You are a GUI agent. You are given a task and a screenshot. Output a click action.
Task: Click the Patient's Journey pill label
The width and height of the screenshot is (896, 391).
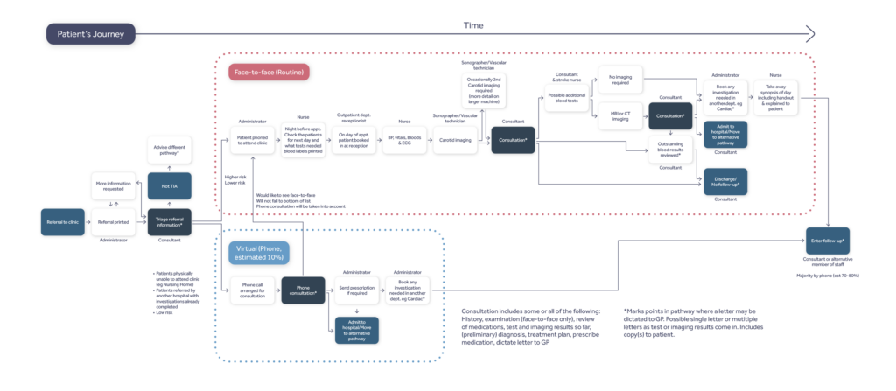[x=92, y=34]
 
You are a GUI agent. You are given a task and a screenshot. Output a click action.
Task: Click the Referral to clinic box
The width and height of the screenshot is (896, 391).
[x=62, y=222]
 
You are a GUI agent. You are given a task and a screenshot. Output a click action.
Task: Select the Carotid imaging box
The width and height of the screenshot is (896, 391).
[x=455, y=140]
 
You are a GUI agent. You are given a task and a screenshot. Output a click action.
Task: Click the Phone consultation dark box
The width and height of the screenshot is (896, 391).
[x=304, y=290]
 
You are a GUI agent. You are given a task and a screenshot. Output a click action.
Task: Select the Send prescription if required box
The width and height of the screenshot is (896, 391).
[x=355, y=290]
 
